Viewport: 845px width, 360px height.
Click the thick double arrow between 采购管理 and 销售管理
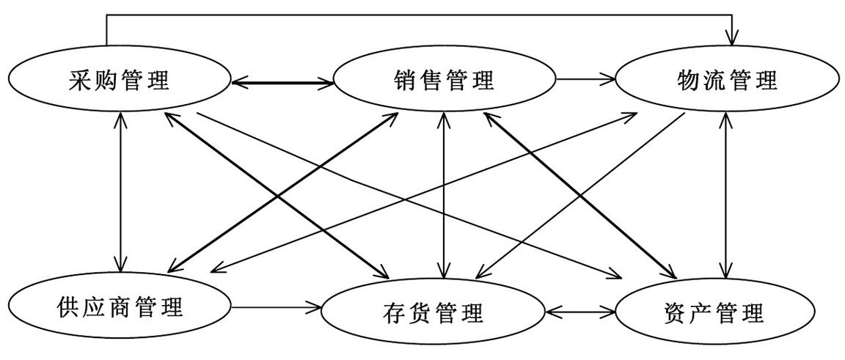pyautogui.click(x=282, y=82)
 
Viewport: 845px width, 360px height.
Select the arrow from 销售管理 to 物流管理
pyautogui.click(x=585, y=80)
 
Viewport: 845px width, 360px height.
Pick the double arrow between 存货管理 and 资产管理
pyautogui.click(x=580, y=311)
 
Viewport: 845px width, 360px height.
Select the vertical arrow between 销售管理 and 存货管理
pyautogui.click(x=444, y=194)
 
